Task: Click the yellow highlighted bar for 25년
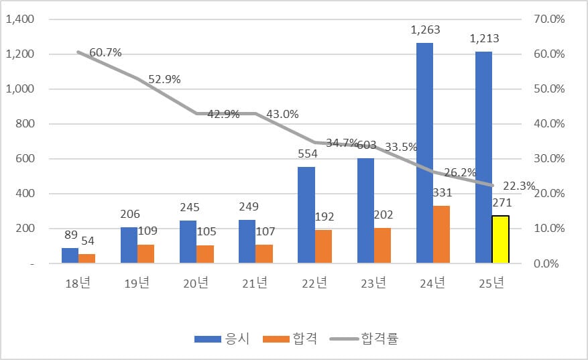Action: pyautogui.click(x=500, y=239)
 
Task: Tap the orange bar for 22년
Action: pyautogui.click(x=323, y=247)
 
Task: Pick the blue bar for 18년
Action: pyautogui.click(x=70, y=255)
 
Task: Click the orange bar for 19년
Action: pyautogui.click(x=146, y=254)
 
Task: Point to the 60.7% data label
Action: pyautogui.click(x=105, y=52)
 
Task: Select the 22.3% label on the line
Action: pyautogui.click(x=518, y=186)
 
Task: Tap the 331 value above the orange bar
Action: pyautogui.click(x=442, y=192)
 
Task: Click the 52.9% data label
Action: pyautogui.click(x=164, y=79)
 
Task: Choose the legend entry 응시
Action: pyautogui.click(x=222, y=339)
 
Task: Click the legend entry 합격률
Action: pyautogui.click(x=365, y=339)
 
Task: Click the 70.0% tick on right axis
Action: pyautogui.click(x=549, y=19)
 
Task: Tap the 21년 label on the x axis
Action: pyautogui.click(x=255, y=284)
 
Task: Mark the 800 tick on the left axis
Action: pyautogui.click(x=25, y=124)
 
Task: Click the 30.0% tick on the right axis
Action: pyautogui.click(x=549, y=159)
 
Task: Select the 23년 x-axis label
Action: pyautogui.click(x=373, y=284)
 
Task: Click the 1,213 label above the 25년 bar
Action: pyautogui.click(x=484, y=38)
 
